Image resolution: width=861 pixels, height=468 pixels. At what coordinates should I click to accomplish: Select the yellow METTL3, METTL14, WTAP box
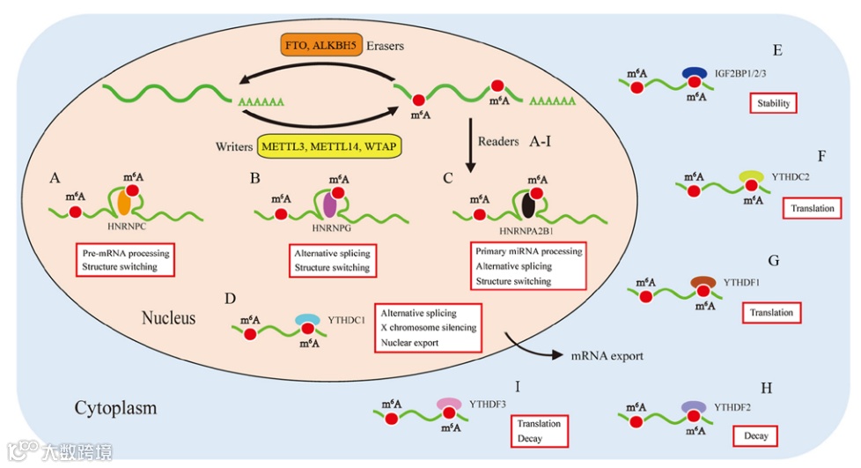[x=330, y=145]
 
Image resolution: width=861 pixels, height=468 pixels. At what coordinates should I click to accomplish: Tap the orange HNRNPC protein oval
[x=125, y=204]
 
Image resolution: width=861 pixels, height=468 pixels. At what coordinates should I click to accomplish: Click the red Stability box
[x=773, y=104]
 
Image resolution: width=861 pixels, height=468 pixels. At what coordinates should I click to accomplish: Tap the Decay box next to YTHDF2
[x=754, y=435]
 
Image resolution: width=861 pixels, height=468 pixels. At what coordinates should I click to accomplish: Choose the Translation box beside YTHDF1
[x=770, y=313]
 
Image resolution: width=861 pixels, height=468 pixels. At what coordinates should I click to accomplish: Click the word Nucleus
[x=169, y=316]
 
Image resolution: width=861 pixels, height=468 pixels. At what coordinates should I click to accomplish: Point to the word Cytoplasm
[x=115, y=408]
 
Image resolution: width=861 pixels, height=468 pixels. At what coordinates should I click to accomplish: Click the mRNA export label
[x=607, y=356]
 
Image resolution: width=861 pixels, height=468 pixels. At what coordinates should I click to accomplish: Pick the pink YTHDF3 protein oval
[x=450, y=404]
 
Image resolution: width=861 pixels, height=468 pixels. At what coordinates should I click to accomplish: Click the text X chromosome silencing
[x=429, y=328]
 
